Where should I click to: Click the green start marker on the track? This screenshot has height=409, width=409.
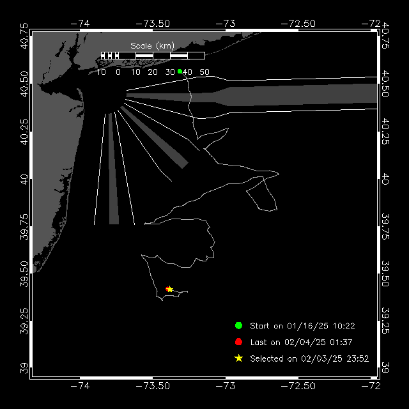(x=180, y=71)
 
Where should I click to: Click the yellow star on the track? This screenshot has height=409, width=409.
(x=169, y=289)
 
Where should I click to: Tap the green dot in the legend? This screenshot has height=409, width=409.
(x=238, y=325)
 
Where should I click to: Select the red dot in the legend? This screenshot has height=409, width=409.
(x=238, y=342)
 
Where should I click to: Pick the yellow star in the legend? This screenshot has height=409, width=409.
(x=238, y=359)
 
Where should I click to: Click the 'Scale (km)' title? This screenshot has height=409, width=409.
(x=152, y=46)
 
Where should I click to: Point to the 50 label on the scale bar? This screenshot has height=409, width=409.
(x=204, y=72)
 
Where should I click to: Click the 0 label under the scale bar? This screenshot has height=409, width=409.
(x=118, y=72)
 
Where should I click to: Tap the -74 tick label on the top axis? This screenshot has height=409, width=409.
(x=80, y=24)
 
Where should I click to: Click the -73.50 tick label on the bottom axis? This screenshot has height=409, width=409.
(x=153, y=386)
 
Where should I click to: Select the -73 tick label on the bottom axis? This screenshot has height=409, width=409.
(x=226, y=386)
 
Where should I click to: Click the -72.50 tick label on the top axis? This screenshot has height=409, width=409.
(x=298, y=24)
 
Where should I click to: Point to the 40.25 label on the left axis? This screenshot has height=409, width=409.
(x=24, y=132)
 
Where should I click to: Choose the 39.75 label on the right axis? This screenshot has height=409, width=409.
(x=385, y=226)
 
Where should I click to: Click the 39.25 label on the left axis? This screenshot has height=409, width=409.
(x=24, y=321)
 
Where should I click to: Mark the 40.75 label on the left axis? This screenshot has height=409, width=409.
(x=24, y=36)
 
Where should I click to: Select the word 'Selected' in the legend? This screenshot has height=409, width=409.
(x=266, y=359)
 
